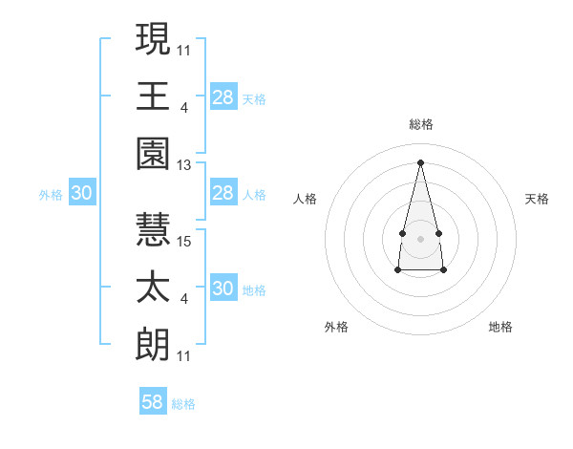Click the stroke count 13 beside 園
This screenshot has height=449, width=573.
click(184, 165)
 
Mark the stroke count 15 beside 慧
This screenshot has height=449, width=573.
click(184, 243)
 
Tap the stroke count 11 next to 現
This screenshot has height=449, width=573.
click(184, 50)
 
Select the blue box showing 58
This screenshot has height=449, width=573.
click(153, 402)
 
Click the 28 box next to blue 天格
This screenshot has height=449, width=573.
click(223, 97)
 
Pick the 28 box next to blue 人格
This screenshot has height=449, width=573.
click(223, 194)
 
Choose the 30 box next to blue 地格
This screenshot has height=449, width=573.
click(223, 289)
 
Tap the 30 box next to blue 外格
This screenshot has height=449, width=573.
click(82, 194)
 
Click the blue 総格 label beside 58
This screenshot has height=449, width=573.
click(183, 404)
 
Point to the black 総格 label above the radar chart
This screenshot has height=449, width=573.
click(420, 124)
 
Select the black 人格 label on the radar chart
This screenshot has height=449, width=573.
click(306, 199)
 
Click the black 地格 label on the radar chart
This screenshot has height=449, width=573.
click(500, 327)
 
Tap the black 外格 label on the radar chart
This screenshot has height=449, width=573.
click(336, 327)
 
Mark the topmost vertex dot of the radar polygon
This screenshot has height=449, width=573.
click(420, 161)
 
